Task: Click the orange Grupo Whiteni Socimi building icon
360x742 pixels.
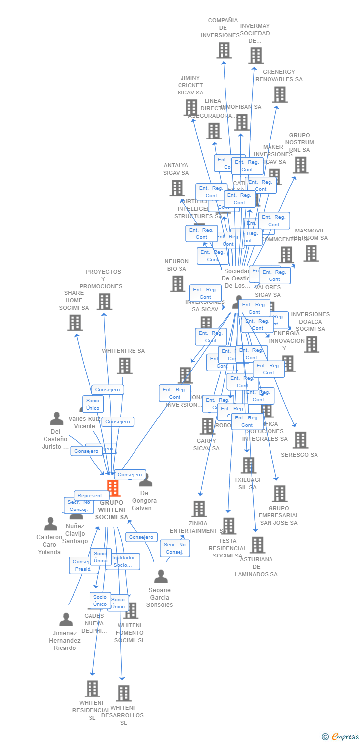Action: tap(113, 488)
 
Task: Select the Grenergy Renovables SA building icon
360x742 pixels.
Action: tap(279, 94)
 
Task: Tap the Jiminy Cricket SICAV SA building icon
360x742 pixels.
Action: tap(191, 107)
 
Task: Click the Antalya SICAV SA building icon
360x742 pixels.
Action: tap(177, 188)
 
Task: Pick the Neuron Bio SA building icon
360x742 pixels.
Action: tap(177, 283)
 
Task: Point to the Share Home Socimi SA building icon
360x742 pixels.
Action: tap(75, 323)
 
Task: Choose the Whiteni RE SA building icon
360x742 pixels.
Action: tap(124, 366)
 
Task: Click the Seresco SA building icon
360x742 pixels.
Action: tap(300, 440)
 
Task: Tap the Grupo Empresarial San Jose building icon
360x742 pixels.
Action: tap(279, 493)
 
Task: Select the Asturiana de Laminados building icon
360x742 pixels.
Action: tap(257, 545)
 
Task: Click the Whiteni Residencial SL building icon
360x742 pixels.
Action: tap(92, 688)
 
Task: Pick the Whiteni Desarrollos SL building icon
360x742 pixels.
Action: tap(124, 693)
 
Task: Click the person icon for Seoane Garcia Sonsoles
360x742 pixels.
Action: tap(161, 576)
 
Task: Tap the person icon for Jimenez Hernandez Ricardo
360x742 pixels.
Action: tap(66, 619)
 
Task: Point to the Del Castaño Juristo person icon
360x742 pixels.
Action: tap(57, 418)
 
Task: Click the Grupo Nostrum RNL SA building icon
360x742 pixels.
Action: tap(300, 165)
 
